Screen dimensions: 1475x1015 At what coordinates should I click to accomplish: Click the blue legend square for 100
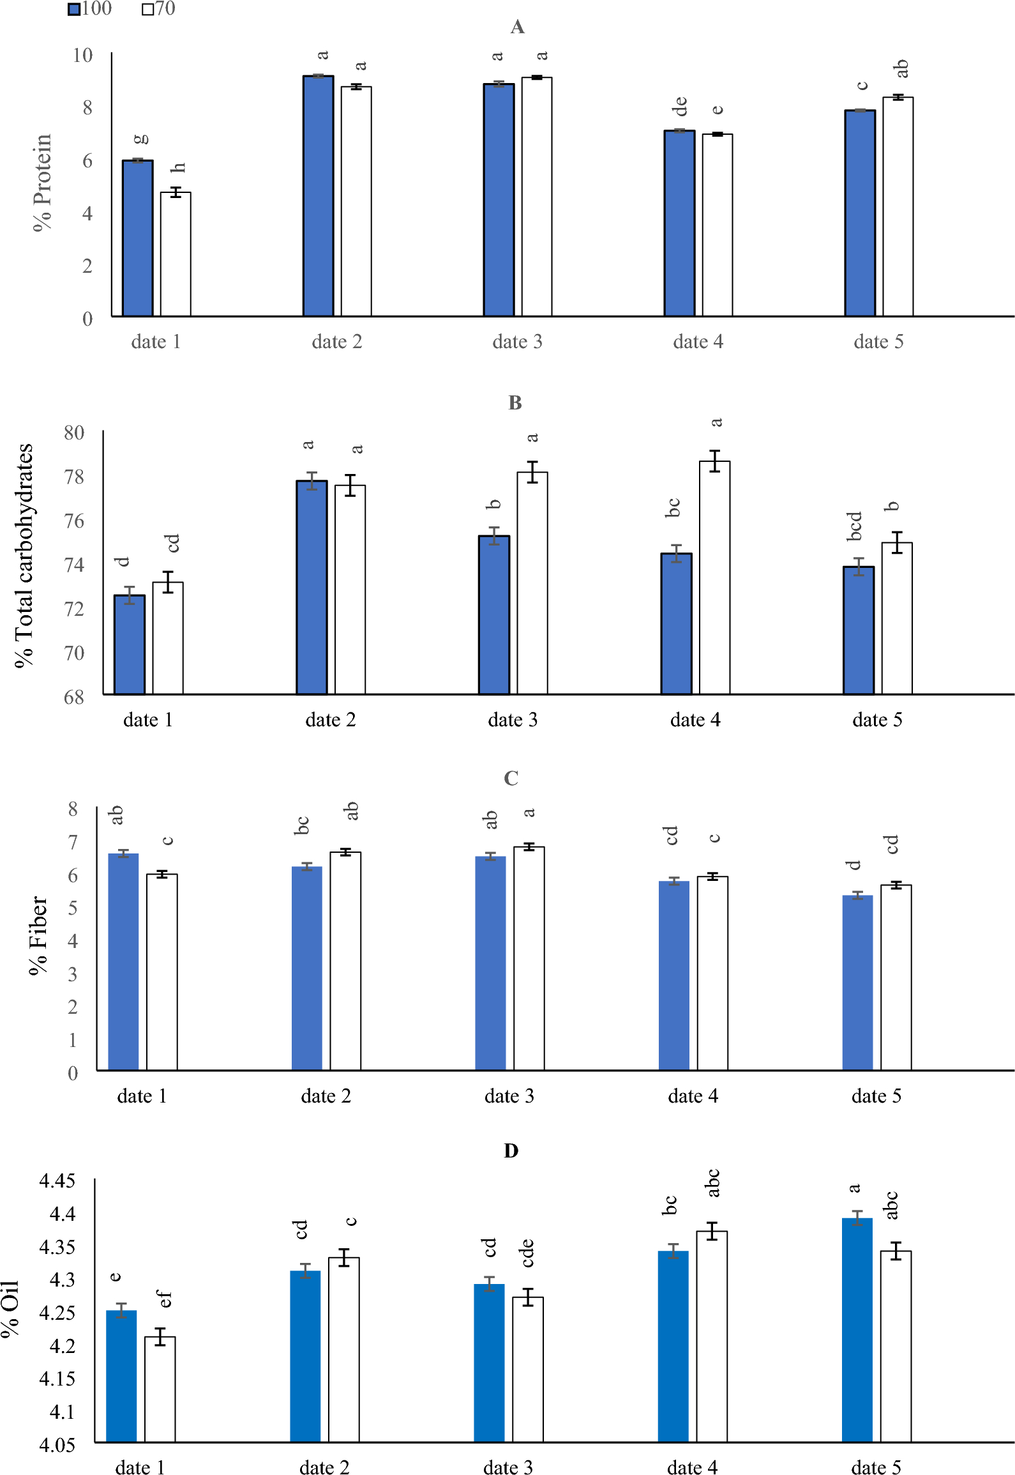74,9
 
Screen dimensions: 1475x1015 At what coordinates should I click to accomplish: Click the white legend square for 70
147,9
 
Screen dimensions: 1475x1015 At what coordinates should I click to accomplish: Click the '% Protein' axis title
42,183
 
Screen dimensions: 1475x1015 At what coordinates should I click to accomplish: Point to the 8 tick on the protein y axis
87,107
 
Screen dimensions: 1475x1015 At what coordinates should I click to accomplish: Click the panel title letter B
515,402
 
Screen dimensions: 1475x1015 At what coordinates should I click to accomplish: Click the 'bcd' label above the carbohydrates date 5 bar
854,526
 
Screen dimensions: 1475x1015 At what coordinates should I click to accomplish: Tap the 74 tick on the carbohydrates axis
74,565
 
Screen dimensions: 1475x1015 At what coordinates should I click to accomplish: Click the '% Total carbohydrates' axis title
24,555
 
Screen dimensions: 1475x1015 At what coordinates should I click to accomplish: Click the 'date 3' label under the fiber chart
509,1096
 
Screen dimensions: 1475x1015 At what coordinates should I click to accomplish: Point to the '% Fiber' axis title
38,935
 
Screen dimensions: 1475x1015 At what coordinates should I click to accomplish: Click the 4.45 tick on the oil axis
57,1181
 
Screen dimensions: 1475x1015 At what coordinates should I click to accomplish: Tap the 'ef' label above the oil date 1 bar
164,1299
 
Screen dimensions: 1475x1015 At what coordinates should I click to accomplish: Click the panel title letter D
511,1150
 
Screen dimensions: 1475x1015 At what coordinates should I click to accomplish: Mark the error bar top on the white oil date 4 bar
712,1223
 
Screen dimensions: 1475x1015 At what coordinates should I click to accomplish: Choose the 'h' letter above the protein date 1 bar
178,167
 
